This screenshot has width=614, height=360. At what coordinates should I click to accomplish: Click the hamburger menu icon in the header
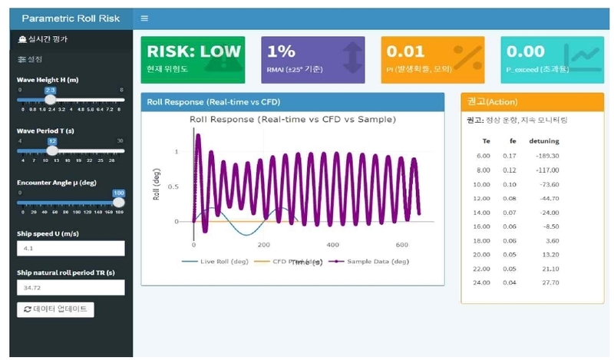click(x=144, y=18)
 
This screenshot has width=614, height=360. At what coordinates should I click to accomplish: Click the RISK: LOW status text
click(x=193, y=51)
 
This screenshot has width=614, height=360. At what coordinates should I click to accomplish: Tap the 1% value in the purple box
click(x=281, y=51)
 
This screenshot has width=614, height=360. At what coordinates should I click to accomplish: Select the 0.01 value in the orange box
click(x=404, y=51)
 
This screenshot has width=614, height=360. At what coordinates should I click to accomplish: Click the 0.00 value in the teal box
click(x=525, y=51)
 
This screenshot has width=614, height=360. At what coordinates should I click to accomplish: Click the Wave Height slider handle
click(x=51, y=99)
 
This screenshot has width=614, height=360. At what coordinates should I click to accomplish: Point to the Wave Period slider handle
click(x=51, y=150)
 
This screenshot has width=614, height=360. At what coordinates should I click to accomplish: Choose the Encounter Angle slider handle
click(x=119, y=203)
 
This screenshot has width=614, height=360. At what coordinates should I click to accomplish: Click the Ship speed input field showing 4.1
click(x=71, y=248)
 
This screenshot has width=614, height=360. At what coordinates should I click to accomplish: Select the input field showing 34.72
click(x=71, y=287)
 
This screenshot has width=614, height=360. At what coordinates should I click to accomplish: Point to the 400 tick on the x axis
click(x=332, y=245)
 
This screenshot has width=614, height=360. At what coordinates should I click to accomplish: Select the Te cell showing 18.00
click(x=483, y=240)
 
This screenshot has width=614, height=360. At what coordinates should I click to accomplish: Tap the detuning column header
click(x=544, y=141)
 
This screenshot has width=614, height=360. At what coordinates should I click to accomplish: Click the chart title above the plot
click(x=292, y=120)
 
